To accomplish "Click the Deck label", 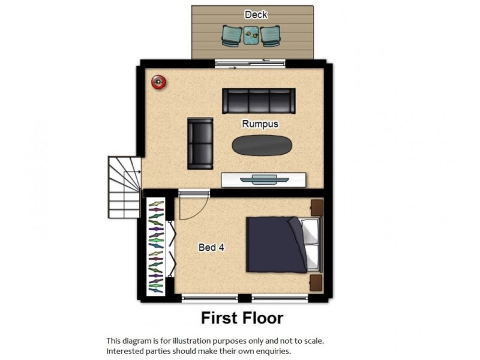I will tap(256, 14).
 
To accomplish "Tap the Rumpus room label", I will tap(260, 124).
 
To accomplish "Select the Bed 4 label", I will tap(212, 247).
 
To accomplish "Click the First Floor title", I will tap(242, 317).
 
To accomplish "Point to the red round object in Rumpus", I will tap(158, 82).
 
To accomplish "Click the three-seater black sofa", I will tap(259, 101).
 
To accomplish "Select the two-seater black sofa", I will tap(200, 143).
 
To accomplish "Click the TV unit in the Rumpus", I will tap(264, 179).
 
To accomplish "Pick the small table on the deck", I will tap(251, 35).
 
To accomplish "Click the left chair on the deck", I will tap(232, 36).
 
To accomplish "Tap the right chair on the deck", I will tap(271, 36).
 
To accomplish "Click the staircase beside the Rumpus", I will tap(124, 186).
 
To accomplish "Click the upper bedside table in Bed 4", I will tap(316, 208).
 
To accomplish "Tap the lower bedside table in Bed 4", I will tap(316, 283).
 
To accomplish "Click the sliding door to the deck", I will tap(251, 63).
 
